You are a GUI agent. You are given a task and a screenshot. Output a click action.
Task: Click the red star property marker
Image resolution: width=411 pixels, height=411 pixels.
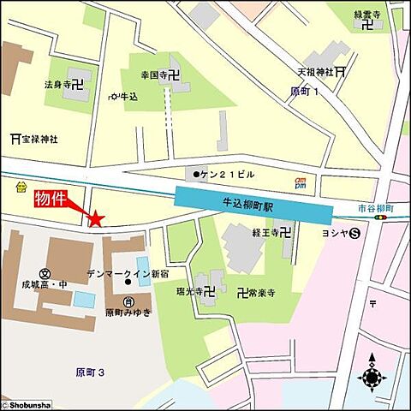pyautogui.click(x=96, y=220)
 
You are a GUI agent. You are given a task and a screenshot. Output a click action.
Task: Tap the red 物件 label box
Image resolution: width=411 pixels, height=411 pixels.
pyautogui.click(x=51, y=199)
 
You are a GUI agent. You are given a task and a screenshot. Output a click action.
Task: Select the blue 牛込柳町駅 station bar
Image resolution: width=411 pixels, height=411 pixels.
pyautogui.click(x=254, y=206)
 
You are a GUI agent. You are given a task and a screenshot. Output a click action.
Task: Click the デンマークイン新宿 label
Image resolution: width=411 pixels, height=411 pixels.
pyautogui.click(x=126, y=273)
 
